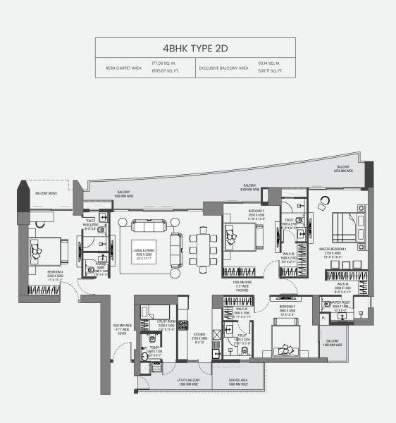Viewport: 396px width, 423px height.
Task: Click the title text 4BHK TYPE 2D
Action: pos(197,49)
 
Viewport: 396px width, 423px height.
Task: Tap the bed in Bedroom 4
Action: pos(44,248)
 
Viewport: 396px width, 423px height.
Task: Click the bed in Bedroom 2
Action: pos(240,236)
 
